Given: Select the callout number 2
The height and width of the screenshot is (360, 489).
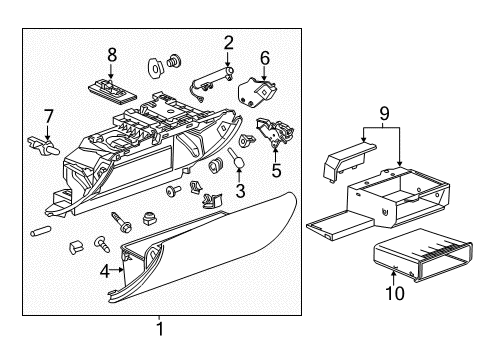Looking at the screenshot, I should (228, 42).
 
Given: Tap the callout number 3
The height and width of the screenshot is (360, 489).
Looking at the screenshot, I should (240, 190).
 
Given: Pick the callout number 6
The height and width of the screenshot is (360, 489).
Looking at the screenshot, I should (265, 58).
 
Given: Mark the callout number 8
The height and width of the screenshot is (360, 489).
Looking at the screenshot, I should (112, 54).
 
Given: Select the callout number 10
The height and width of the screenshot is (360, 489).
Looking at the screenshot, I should (396, 295).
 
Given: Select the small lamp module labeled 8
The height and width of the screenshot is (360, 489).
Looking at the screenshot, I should (112, 86).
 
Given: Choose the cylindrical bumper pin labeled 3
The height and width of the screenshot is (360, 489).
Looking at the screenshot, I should (241, 157).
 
